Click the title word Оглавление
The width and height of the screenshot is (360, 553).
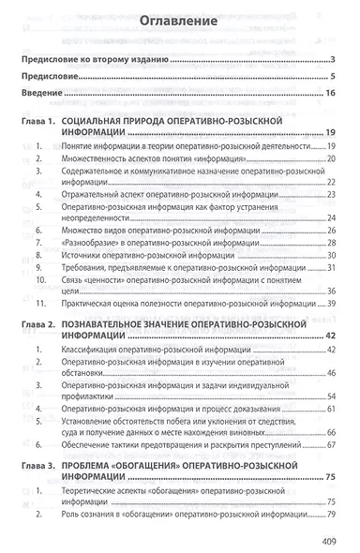[180, 21]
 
